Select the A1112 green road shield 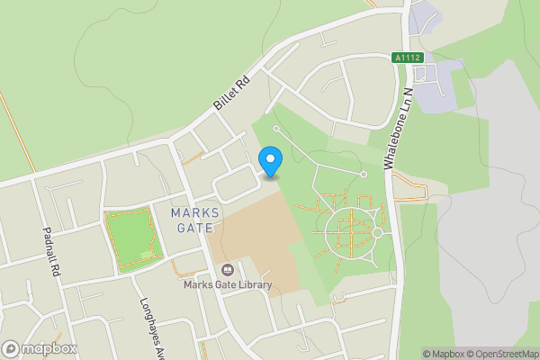pos(407,57)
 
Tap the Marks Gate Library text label pos(227,286)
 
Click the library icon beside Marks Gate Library pos(227,270)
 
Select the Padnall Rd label pos(50,251)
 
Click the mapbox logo pos(40,348)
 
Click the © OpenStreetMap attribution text pos(500,353)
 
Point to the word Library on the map pos(253,286)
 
